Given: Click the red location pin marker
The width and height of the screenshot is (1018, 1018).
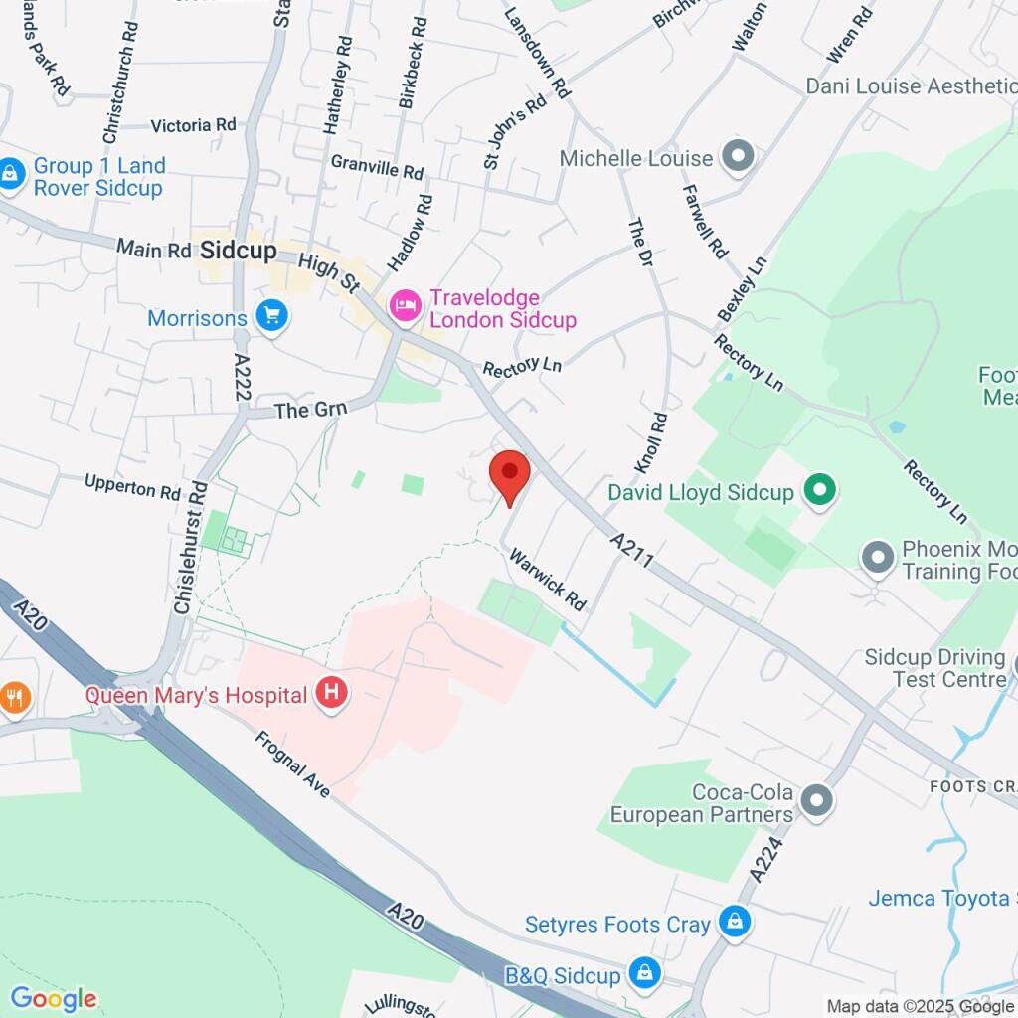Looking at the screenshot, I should point(510,475).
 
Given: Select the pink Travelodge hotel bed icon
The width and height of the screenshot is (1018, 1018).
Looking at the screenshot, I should point(405,306).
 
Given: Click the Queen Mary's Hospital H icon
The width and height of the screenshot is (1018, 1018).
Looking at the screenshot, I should point(332,694).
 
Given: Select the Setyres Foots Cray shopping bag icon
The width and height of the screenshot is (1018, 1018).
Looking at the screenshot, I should point(734,922).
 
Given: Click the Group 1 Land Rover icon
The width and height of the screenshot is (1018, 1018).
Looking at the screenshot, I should point(11,176).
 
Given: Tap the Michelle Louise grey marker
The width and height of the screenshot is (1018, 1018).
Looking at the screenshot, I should point(738,157).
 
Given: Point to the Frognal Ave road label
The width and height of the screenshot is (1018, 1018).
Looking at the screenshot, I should point(291,764).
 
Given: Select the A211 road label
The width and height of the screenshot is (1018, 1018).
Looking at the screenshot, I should point(632,550).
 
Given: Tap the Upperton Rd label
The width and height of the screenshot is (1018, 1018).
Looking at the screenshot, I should point(132,488).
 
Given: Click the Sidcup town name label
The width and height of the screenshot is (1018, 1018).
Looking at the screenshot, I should point(238,251).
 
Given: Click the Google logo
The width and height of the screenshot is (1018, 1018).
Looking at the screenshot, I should point(53,999).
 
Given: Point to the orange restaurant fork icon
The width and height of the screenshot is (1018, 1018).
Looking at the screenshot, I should point(14,698).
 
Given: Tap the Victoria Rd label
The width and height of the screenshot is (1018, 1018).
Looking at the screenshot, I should point(193,125).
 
